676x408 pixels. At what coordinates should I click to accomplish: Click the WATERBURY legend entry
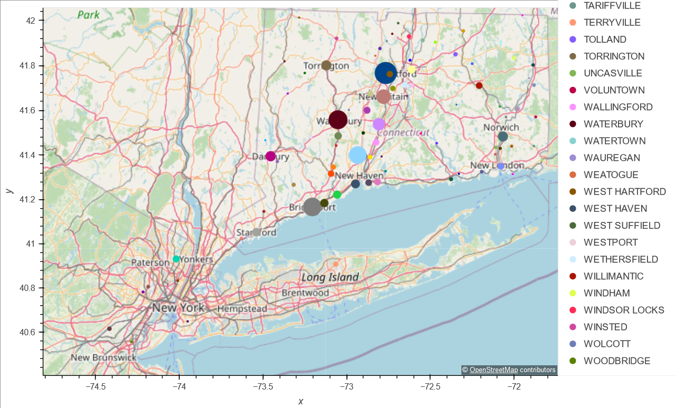point(613,124)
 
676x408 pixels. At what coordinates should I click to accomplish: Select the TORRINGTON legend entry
point(614,56)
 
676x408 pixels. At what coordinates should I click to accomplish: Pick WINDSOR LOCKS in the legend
point(624,310)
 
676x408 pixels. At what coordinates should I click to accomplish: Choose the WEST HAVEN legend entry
point(615,209)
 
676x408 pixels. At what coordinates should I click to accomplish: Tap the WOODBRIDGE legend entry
point(617,361)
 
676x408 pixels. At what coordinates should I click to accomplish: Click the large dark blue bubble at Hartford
point(386,73)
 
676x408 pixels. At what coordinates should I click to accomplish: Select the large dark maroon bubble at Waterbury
point(338,120)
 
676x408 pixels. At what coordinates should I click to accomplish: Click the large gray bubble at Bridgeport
point(312,207)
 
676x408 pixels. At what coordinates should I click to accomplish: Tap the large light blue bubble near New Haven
point(358,155)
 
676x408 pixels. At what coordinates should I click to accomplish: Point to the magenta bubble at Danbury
point(271,156)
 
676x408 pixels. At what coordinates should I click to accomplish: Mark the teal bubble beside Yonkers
point(176,259)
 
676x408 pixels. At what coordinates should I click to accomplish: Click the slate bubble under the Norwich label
point(503,137)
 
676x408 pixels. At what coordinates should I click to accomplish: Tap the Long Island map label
point(330,277)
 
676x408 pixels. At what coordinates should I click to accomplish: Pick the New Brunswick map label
point(103,357)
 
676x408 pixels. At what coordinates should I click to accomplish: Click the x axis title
point(301,402)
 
